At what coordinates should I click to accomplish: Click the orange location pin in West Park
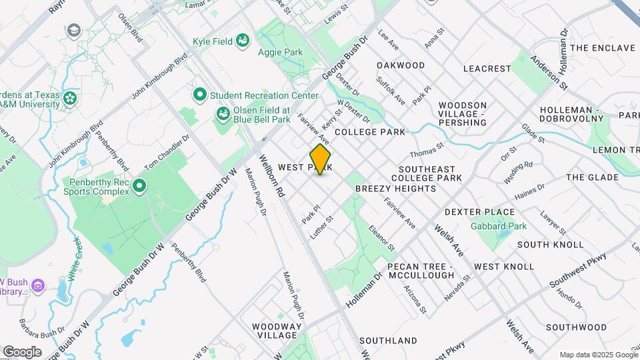(x=321, y=159)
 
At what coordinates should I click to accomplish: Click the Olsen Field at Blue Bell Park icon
(x=223, y=115)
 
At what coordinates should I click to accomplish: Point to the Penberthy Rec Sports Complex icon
(x=139, y=185)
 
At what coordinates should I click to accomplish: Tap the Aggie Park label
(x=280, y=53)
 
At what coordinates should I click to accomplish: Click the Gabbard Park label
(x=499, y=226)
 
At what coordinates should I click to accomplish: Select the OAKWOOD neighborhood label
(x=400, y=65)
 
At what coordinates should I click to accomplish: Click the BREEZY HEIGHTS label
(x=395, y=189)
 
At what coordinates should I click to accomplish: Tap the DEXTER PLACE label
(x=479, y=212)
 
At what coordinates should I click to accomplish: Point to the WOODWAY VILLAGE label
(x=274, y=331)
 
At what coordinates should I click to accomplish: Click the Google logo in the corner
(x=21, y=352)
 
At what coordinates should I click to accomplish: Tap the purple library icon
(x=37, y=285)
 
